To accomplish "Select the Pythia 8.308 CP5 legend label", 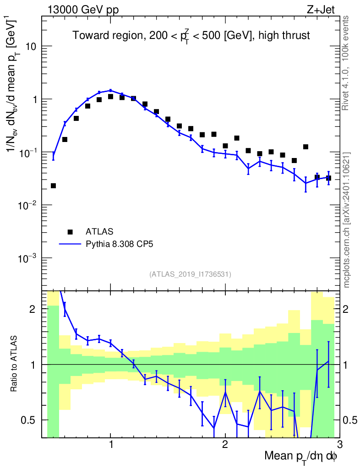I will [119, 244].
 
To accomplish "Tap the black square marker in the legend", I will [70, 231].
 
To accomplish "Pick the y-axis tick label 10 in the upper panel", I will [32, 47].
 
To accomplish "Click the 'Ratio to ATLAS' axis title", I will [15, 364].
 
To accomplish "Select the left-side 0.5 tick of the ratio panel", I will [33, 420].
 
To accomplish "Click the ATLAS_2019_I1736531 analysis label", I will [190, 274].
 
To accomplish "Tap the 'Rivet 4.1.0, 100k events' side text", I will [347, 62].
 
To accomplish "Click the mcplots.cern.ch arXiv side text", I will [347, 220].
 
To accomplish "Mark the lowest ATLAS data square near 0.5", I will [53, 185].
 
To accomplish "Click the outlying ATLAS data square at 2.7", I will [305, 147].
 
